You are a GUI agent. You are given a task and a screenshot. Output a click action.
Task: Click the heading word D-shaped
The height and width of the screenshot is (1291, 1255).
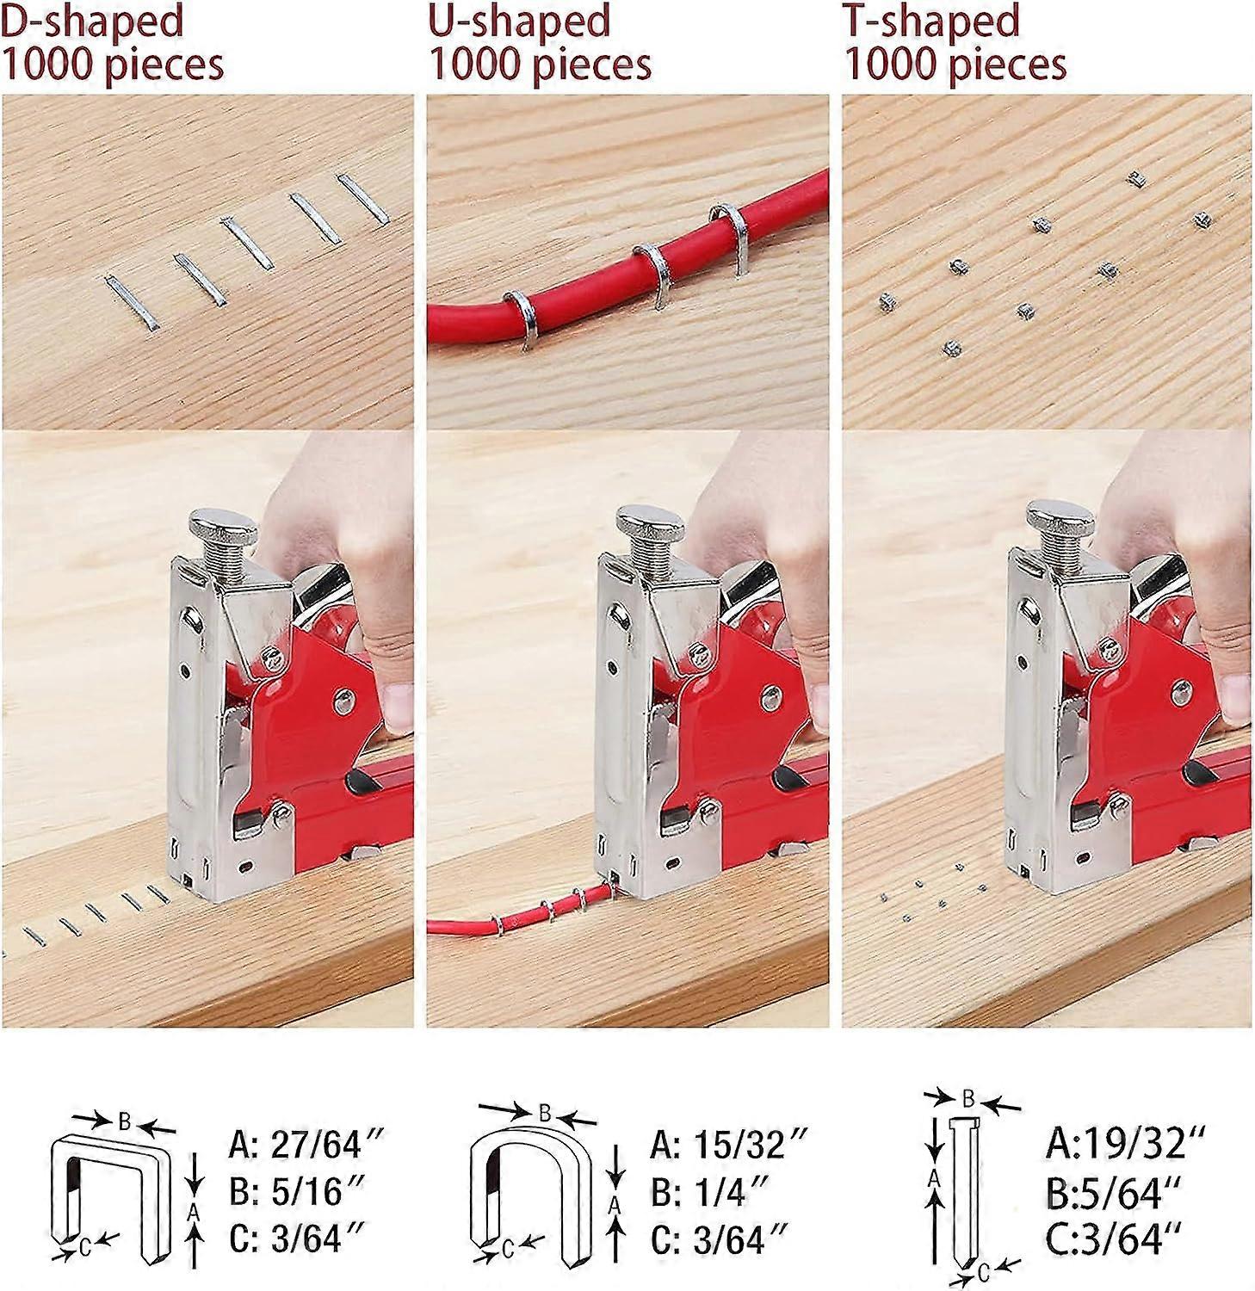(92, 21)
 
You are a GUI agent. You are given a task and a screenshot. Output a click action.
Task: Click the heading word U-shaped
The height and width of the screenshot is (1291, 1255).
(519, 21)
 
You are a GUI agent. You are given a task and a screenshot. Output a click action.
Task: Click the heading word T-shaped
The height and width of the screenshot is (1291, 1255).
(931, 21)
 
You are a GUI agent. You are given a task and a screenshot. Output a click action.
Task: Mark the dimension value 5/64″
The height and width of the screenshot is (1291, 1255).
(1128, 1193)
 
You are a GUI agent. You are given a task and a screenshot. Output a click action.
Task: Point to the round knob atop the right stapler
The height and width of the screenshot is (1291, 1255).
(1060, 520)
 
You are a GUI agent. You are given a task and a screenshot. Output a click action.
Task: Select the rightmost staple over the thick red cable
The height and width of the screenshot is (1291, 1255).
(731, 237)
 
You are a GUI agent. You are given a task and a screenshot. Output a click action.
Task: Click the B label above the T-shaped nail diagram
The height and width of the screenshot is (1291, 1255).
(968, 1099)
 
